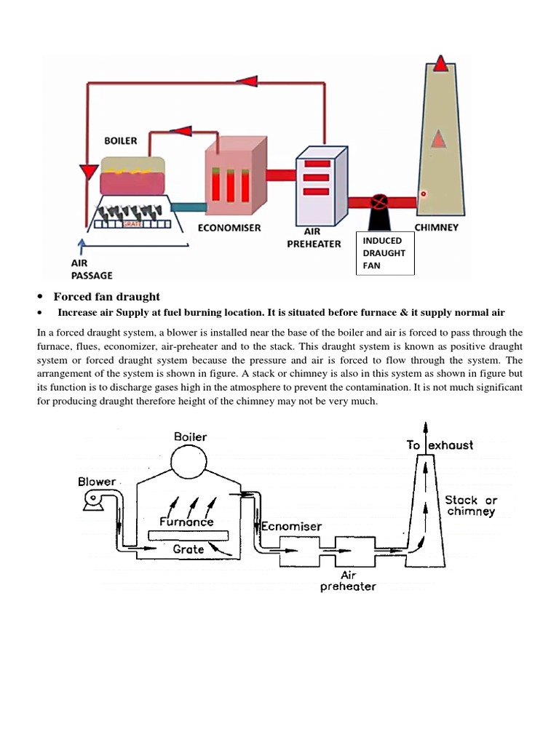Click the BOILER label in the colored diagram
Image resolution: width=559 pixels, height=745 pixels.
click(120, 140)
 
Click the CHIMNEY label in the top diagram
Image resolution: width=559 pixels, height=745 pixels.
click(436, 227)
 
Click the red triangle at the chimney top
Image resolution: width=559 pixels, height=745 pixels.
click(440, 65)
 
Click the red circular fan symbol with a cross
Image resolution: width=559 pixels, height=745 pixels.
click(378, 201)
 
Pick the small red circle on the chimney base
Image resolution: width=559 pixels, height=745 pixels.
click(423, 194)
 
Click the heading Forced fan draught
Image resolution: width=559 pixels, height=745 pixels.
click(106, 297)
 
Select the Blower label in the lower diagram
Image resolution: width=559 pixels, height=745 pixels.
click(96, 482)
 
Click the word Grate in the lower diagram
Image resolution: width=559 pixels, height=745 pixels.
click(188, 549)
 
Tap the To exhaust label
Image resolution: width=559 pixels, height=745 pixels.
click(440, 445)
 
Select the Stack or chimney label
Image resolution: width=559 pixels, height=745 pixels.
click(471, 506)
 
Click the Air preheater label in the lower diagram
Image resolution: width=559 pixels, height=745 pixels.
click(348, 580)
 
